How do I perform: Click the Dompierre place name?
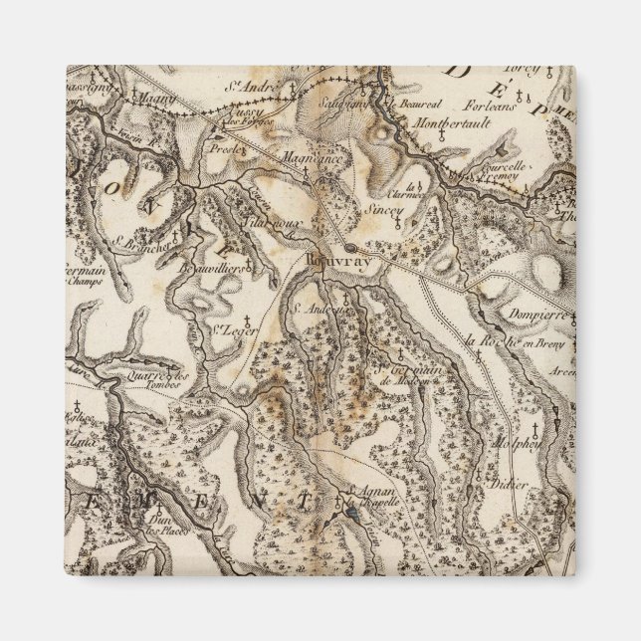(x=536, y=314)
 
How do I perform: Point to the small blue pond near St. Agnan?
(x=349, y=512)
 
